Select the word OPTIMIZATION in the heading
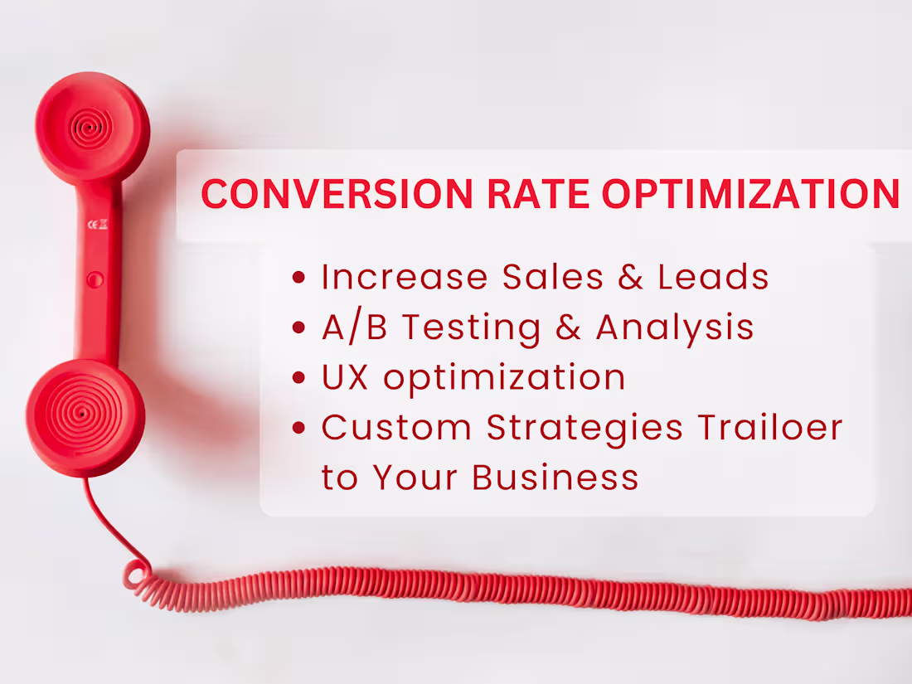pyautogui.click(x=750, y=194)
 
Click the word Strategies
pyautogui.click(x=585, y=429)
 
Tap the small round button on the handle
pyautogui.click(x=95, y=279)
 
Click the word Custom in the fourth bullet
pyautogui.click(x=396, y=427)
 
